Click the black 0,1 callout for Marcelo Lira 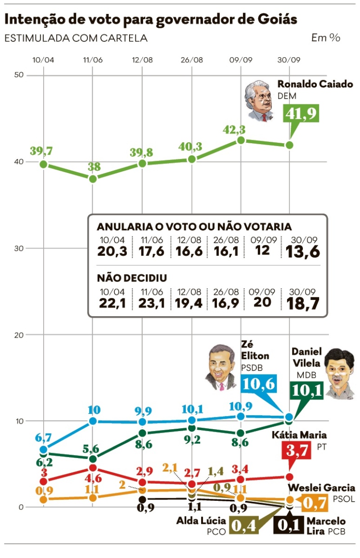pyautogui.click(x=288, y=524)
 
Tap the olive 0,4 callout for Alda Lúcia pyautogui.click(x=243, y=525)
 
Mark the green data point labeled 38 pyautogui.click(x=93, y=179)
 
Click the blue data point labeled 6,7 pyautogui.click(x=44, y=449)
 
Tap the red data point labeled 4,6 pyautogui.click(x=93, y=468)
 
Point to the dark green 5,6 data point pyautogui.click(x=93, y=459)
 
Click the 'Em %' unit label pyautogui.click(x=326, y=38)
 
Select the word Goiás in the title pyautogui.click(x=276, y=19)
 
